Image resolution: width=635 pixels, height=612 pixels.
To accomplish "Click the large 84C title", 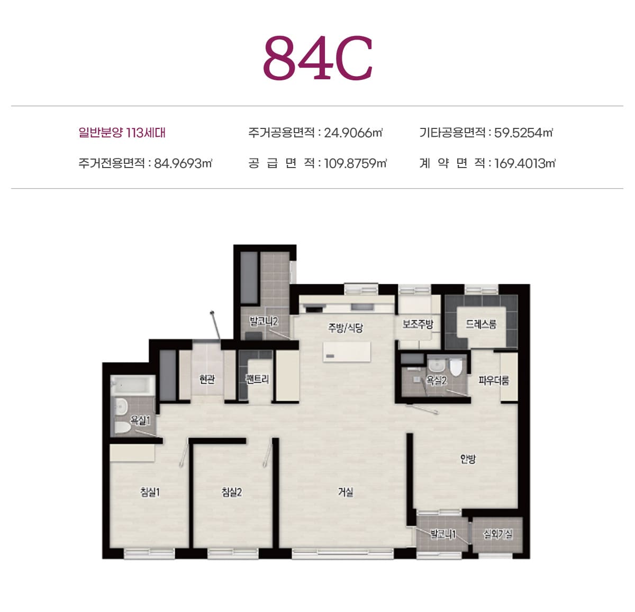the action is tap(317, 58).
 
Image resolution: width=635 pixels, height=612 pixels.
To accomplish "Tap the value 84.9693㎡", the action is tap(183, 163).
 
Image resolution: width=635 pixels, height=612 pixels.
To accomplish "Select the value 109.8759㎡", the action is tap(356, 163).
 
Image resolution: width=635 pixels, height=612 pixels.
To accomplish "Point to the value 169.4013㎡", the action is tap(525, 163).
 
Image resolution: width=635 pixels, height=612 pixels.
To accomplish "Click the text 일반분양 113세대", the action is tap(122, 133).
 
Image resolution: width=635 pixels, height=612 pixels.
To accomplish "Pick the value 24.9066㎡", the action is tap(353, 133).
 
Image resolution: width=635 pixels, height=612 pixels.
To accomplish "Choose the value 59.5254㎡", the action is tap(523, 133).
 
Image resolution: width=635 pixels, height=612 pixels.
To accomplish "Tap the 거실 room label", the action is tap(346, 492).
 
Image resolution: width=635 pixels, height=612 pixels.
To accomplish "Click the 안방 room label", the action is tap(468, 459).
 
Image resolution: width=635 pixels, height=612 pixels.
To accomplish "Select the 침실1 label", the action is tap(150, 492).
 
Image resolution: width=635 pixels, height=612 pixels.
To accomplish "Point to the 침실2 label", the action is tap(232, 492).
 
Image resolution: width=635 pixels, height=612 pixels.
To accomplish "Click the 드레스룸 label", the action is tap(481, 324).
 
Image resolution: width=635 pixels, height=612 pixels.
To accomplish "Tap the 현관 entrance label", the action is tap(207, 379).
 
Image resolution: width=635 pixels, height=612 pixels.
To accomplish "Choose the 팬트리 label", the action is tap(257, 379).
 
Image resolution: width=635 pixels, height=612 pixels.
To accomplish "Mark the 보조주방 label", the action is tap(418, 324).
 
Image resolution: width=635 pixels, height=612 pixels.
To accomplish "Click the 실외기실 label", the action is tap(497, 534).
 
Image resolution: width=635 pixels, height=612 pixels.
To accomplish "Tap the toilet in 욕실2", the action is tap(456, 367).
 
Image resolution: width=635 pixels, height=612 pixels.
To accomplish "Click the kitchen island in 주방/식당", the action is tap(347, 351).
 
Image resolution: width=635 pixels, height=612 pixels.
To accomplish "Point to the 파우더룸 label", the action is tap(493, 380).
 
